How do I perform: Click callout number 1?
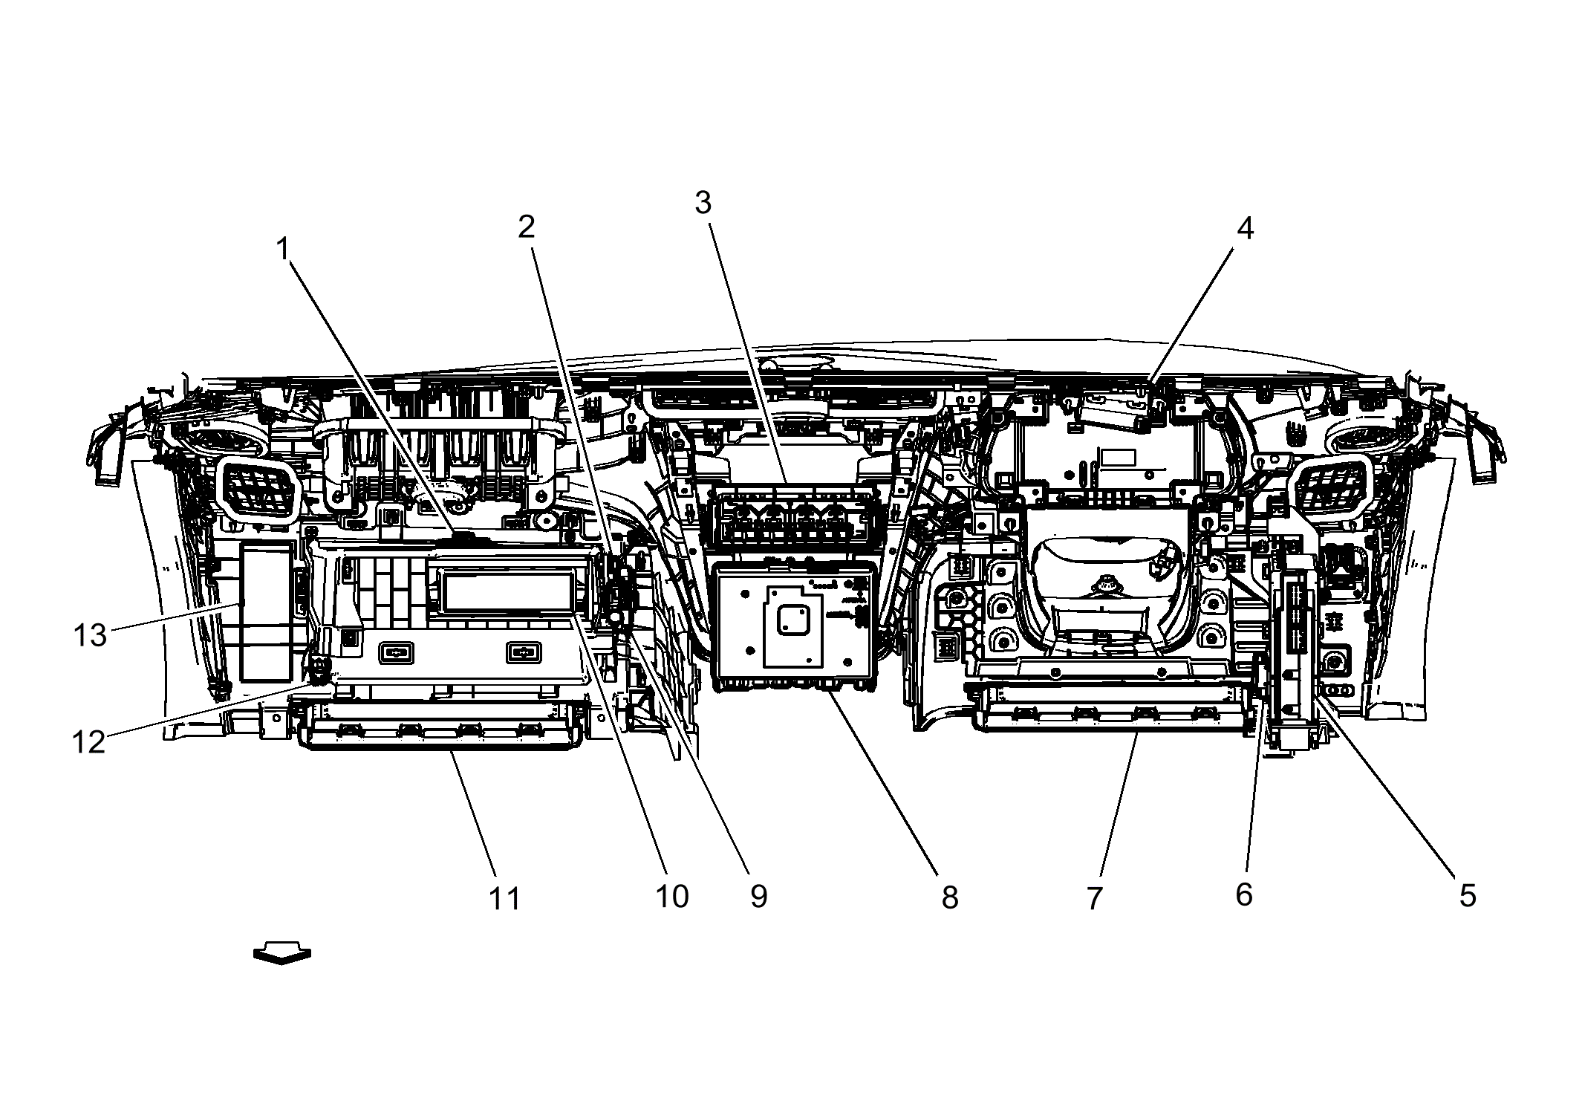tap(282, 250)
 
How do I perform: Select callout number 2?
tap(526, 227)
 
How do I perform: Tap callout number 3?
tap(703, 202)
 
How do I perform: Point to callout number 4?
tap(1245, 228)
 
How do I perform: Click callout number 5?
tap(1467, 896)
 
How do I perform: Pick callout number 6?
tap(1243, 894)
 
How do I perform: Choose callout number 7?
tap(1094, 898)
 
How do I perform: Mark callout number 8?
tap(950, 897)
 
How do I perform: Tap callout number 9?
tap(758, 897)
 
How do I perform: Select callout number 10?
tap(671, 897)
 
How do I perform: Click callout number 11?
tap(505, 899)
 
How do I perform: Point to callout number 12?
tap(88, 742)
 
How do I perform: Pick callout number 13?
tap(90, 636)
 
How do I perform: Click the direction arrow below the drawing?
tap(281, 955)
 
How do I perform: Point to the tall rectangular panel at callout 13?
tap(265, 611)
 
